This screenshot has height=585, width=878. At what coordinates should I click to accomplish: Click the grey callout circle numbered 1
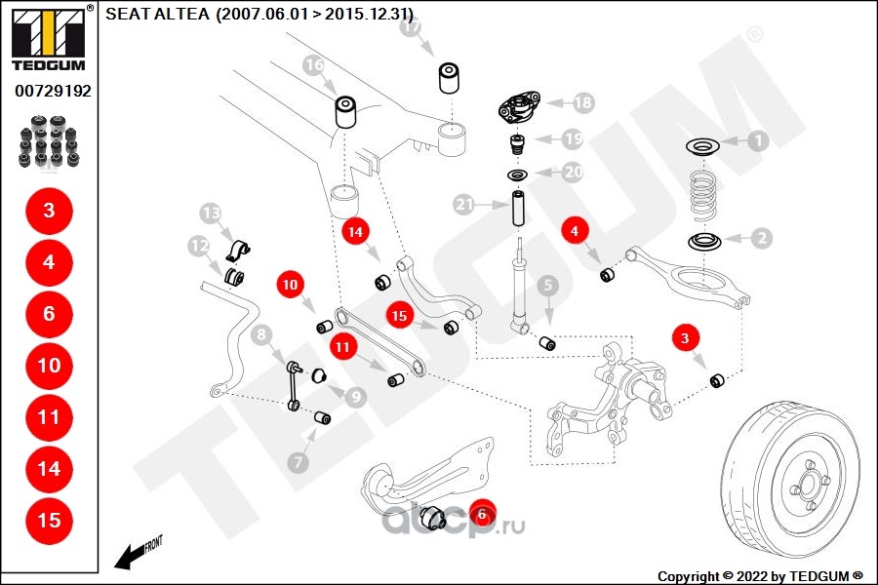click(x=758, y=140)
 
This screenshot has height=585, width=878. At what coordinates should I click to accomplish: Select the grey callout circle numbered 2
click(x=758, y=236)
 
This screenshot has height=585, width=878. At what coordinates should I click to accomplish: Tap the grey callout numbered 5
click(x=547, y=286)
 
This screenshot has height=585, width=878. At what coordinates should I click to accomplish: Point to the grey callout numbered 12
click(x=199, y=247)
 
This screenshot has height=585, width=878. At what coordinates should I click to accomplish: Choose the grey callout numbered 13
click(x=212, y=213)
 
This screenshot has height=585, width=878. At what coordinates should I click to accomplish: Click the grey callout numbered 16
click(x=313, y=66)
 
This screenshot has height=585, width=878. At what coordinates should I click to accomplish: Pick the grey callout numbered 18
click(x=582, y=101)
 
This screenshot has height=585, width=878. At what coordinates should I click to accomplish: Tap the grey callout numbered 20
click(x=573, y=172)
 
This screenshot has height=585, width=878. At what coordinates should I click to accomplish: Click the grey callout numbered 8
click(x=261, y=337)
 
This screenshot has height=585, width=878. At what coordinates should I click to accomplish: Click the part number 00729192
click(x=53, y=91)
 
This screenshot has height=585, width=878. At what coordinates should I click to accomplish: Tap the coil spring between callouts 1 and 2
click(x=705, y=195)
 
